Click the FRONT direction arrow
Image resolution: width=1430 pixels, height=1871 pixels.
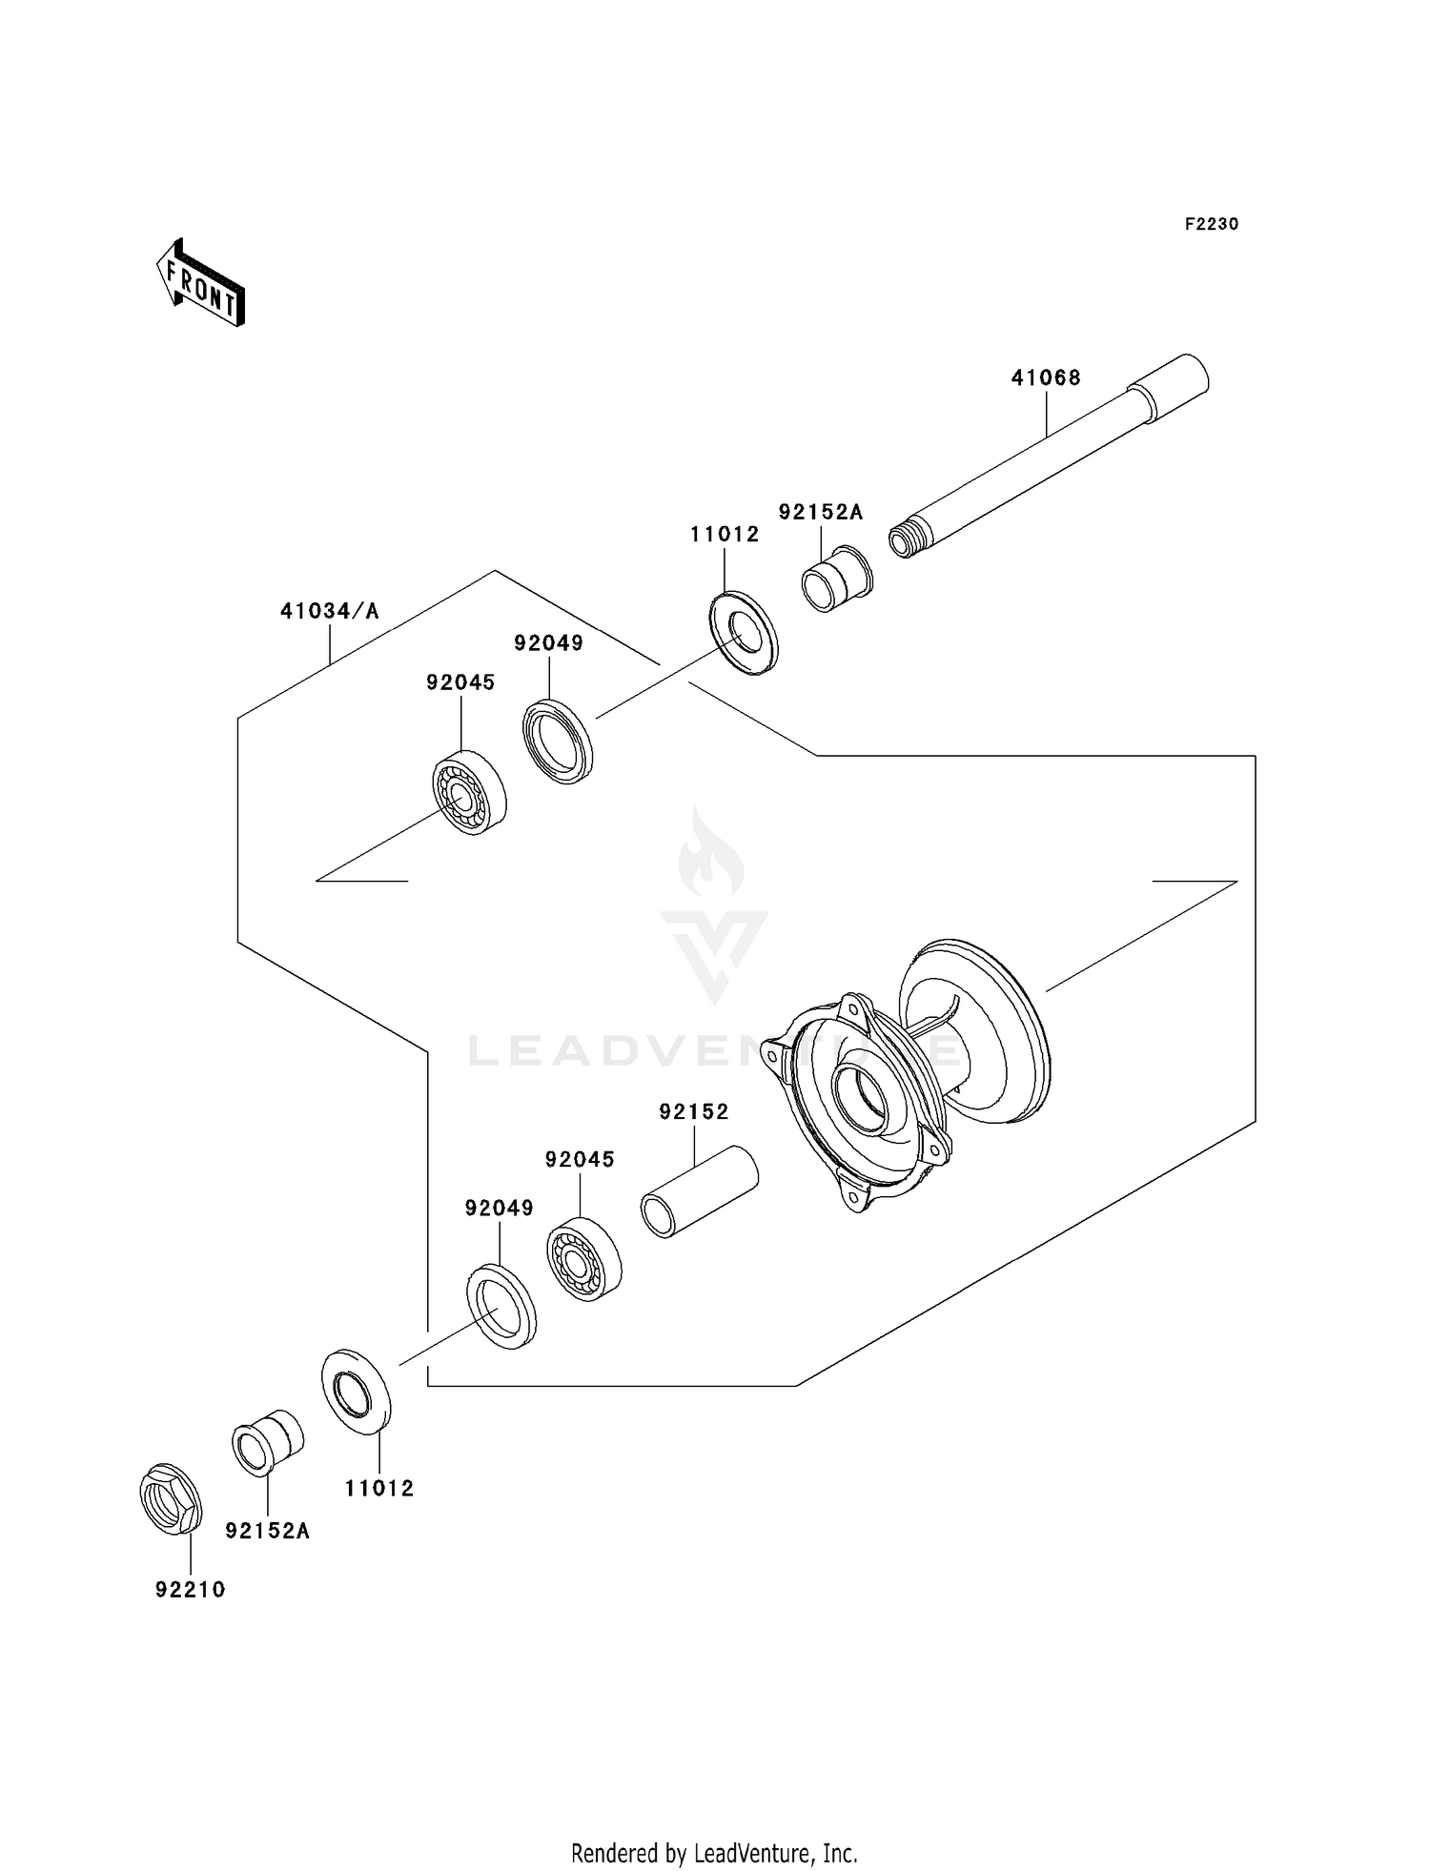pyautogui.click(x=201, y=283)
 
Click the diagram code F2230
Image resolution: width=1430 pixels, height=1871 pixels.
pyautogui.click(x=1211, y=224)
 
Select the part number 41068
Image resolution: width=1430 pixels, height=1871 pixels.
pyautogui.click(x=1046, y=377)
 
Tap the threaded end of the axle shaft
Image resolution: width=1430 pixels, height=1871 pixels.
pyautogui.click(x=907, y=541)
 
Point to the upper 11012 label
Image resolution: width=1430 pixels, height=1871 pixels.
pyautogui.click(x=725, y=535)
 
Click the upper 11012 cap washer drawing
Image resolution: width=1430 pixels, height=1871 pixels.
pyautogui.click(x=744, y=633)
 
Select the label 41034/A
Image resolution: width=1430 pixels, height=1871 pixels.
pyautogui.click(x=329, y=611)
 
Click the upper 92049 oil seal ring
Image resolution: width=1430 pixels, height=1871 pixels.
pyautogui.click(x=558, y=742)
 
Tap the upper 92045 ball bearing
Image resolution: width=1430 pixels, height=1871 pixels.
pyautogui.click(x=469, y=792)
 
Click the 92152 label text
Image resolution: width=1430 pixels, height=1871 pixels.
pyautogui.click(x=693, y=1111)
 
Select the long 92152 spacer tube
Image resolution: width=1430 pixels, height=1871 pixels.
pyautogui.click(x=698, y=1191)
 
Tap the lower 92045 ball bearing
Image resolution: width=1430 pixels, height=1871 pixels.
pyautogui.click(x=584, y=1259)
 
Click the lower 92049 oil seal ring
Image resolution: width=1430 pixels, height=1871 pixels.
pyautogui.click(x=500, y=1305)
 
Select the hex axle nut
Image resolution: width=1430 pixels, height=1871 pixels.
pyautogui.click(x=171, y=1498)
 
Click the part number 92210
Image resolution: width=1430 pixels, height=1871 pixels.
pyautogui.click(x=191, y=1590)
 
